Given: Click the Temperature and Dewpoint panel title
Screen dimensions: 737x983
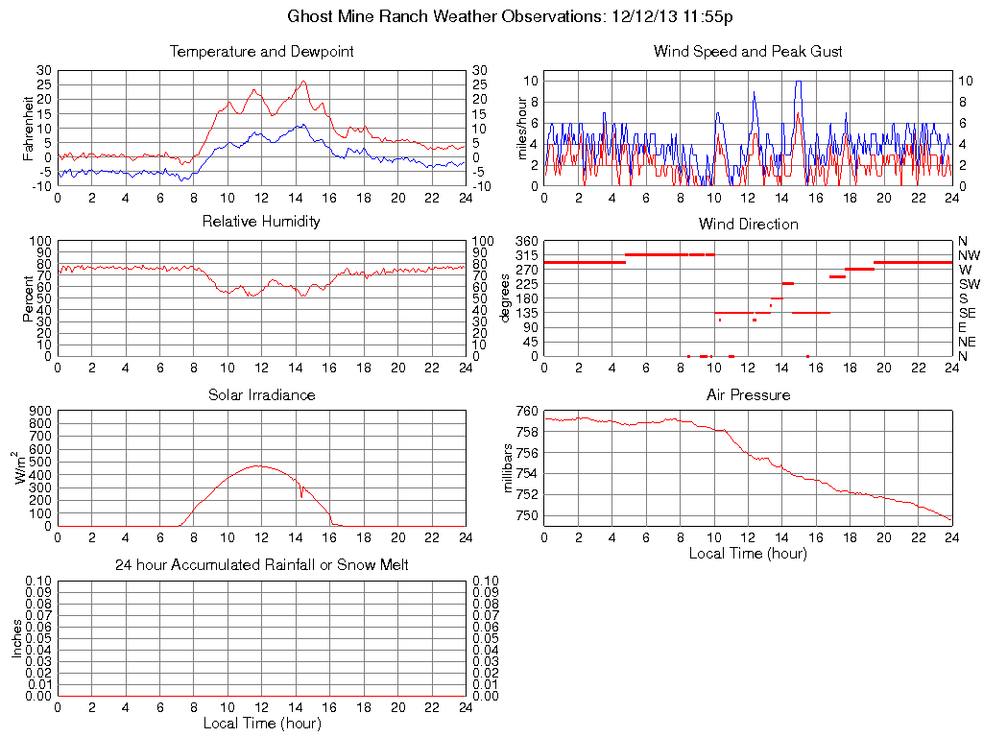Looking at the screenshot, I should (261, 51).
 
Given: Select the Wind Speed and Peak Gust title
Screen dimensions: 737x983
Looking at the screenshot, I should (748, 51).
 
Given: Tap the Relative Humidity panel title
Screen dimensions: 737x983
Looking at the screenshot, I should (261, 222).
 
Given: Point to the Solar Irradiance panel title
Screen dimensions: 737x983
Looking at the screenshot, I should (261, 394).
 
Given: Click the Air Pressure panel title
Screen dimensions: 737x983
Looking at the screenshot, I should (748, 394).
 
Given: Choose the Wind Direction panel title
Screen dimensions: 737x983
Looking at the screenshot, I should (748, 224).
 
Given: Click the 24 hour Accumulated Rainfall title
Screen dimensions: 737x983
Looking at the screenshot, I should (261, 565).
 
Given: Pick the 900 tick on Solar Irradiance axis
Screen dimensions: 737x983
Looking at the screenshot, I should (40, 411).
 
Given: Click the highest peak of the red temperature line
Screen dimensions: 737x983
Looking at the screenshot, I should (303, 82).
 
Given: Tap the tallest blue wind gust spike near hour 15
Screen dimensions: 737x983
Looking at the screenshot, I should (798, 82).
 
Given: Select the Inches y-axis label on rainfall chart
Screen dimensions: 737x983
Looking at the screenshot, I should (16, 638).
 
